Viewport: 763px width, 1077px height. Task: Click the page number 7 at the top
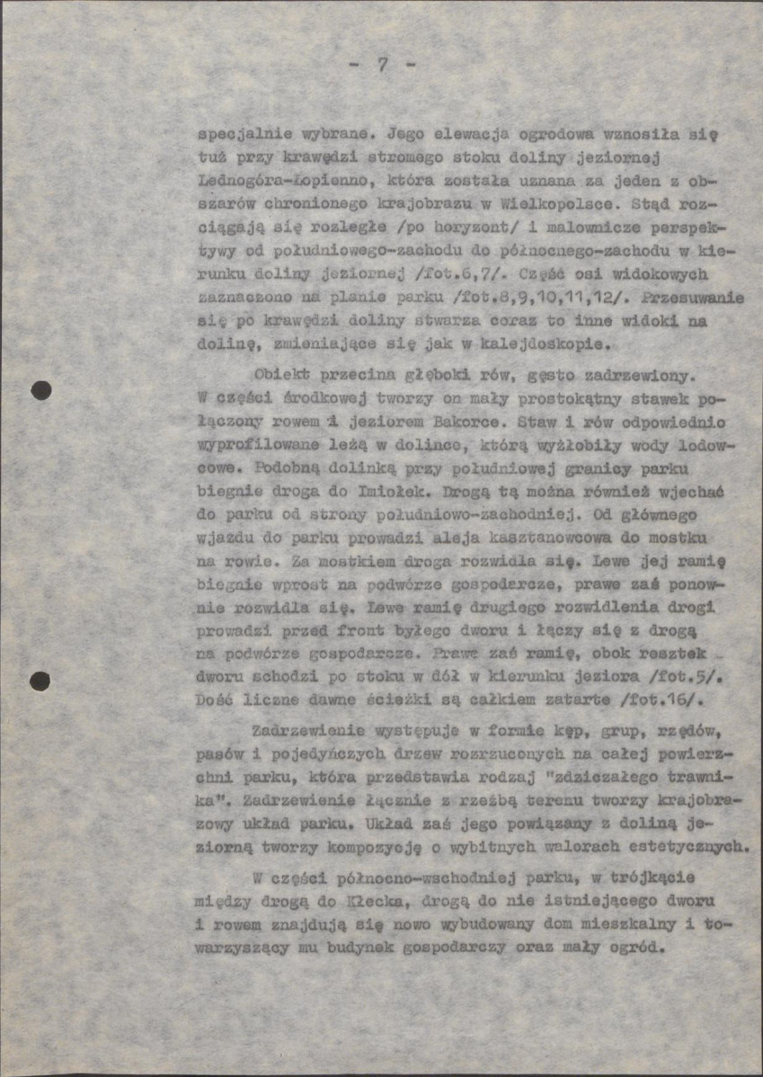382,66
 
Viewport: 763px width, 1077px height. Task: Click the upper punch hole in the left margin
40,390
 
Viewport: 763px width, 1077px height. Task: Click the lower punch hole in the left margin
40,681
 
